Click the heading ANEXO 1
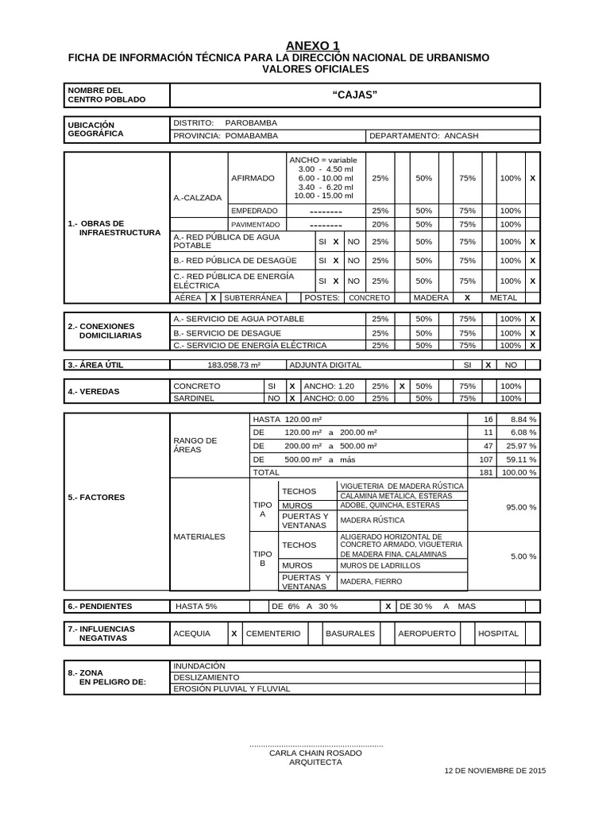tap(306, 45)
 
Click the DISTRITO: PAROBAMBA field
tap(226, 123)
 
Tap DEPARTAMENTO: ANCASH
tap(424, 136)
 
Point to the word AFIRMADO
tap(252, 179)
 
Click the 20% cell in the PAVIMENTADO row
tap(380, 224)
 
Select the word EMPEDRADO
tap(254, 211)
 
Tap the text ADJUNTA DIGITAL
tap(325, 365)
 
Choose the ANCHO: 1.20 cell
tap(329, 386)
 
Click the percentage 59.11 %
tap(523, 459)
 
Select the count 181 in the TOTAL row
tap(487, 472)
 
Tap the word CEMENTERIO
tap(273, 634)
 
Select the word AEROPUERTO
tap(427, 634)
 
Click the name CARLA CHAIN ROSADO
tap(315, 752)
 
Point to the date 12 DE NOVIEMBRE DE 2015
tap(495, 771)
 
